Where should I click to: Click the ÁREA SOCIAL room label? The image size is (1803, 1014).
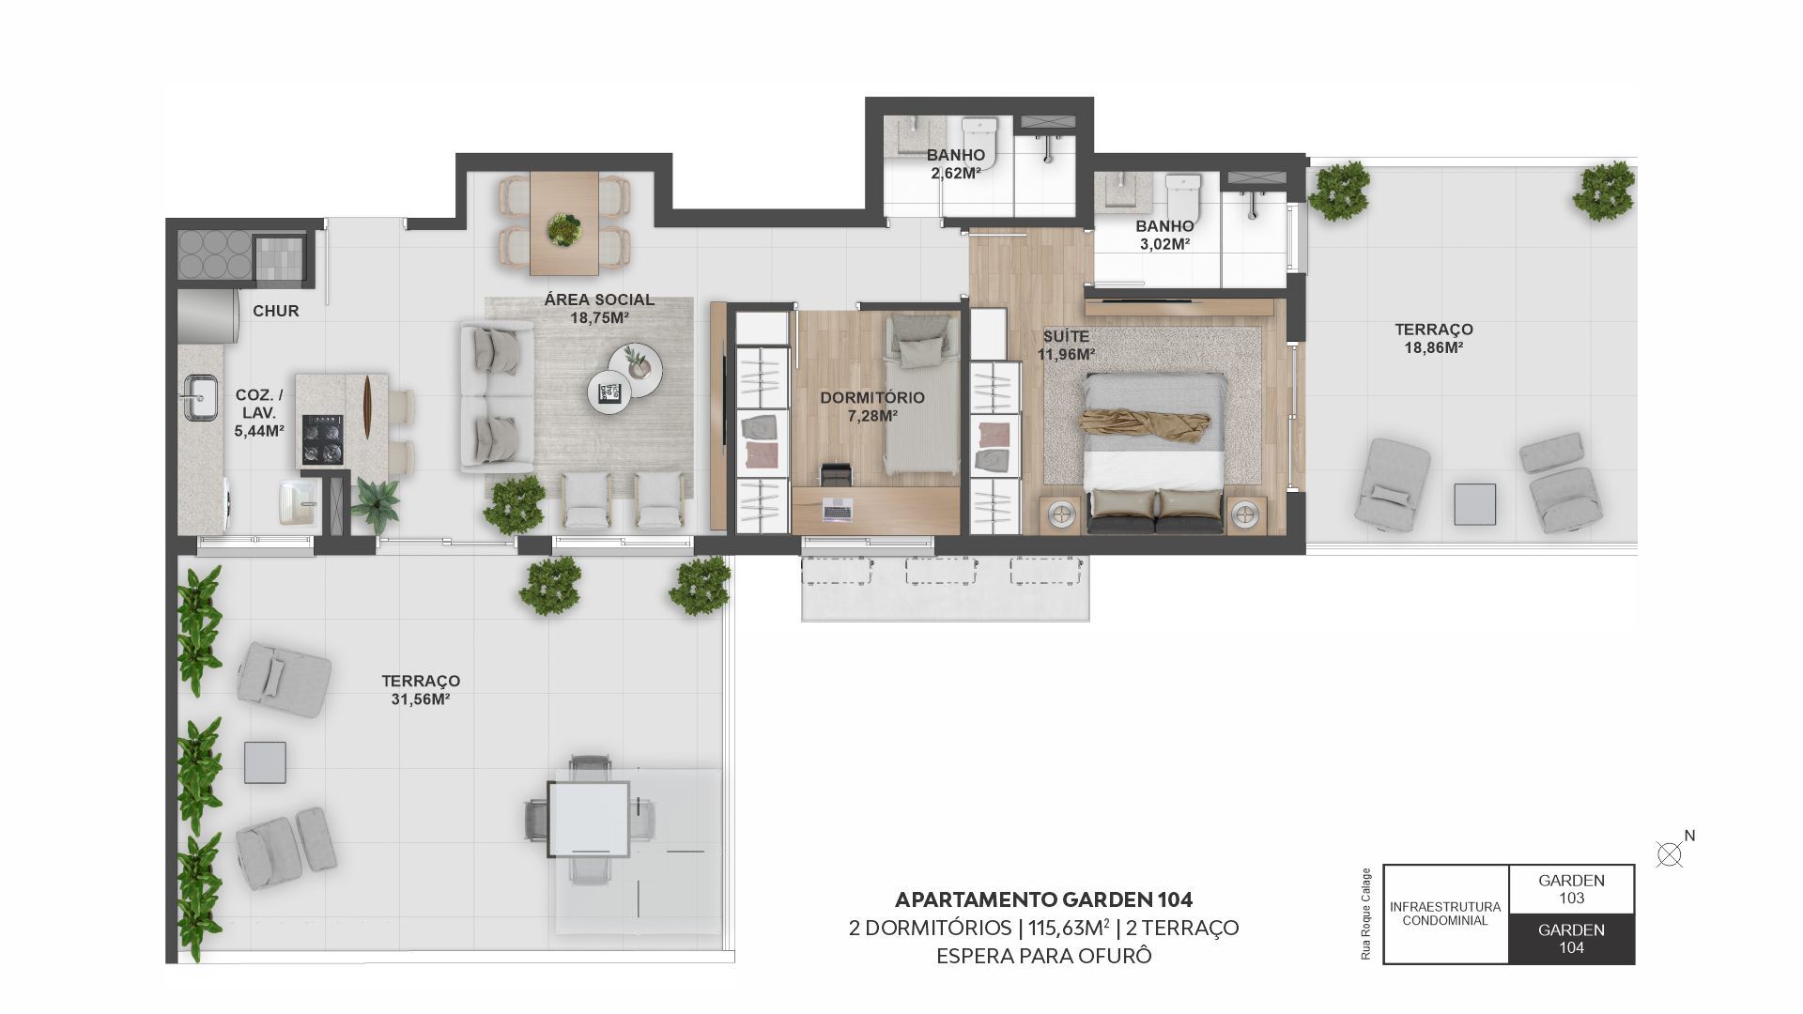pyautogui.click(x=599, y=300)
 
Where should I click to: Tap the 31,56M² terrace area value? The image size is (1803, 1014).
pyautogui.click(x=420, y=699)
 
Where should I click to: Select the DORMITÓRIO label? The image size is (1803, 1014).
pyautogui.click(x=872, y=397)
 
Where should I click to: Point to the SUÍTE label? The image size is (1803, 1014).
pyautogui.click(x=1066, y=336)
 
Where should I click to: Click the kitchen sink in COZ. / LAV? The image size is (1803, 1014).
pyautogui.click(x=199, y=397)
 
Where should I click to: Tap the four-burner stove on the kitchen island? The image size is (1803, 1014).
pyautogui.click(x=322, y=440)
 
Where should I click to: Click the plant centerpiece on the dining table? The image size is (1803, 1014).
pyautogui.click(x=564, y=228)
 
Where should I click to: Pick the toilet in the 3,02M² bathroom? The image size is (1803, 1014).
pyautogui.click(x=1182, y=195)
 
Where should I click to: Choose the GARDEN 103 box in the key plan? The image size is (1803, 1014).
pyautogui.click(x=1571, y=889)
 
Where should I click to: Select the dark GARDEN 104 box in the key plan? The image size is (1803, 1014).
pyautogui.click(x=1571, y=939)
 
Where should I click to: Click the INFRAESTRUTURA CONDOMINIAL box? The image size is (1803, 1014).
pyautogui.click(x=1446, y=914)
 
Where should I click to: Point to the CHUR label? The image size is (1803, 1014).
pyautogui.click(x=276, y=311)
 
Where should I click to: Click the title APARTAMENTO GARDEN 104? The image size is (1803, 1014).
pyautogui.click(x=1043, y=899)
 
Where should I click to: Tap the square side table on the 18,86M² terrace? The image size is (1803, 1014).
pyautogui.click(x=1474, y=504)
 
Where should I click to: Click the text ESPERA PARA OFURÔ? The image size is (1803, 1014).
pyautogui.click(x=1043, y=957)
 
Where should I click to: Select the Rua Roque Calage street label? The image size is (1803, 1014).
pyautogui.click(x=1365, y=914)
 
